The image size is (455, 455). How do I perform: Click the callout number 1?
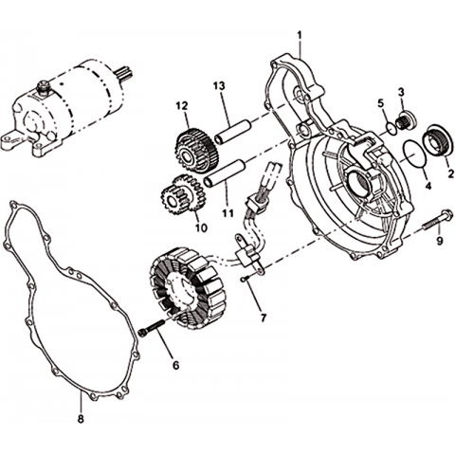click(300, 34)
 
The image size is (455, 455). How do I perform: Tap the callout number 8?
click(81, 419)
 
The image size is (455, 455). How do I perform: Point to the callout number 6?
click(175, 365)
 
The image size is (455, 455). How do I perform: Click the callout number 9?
click(440, 241)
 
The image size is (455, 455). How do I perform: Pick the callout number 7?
click(264, 318)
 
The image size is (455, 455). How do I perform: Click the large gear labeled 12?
click(196, 150)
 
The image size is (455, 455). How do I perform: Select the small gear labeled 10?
click(183, 194)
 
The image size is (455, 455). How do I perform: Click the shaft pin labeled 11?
click(225, 173)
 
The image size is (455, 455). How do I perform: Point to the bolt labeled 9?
click(438, 220)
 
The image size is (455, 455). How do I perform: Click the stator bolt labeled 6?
click(152, 328)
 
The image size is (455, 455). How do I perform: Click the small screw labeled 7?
click(244, 279)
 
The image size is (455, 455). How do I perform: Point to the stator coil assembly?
click(189, 288)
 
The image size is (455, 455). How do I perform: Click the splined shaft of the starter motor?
click(123, 75)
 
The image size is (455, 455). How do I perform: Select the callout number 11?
click(227, 213)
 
